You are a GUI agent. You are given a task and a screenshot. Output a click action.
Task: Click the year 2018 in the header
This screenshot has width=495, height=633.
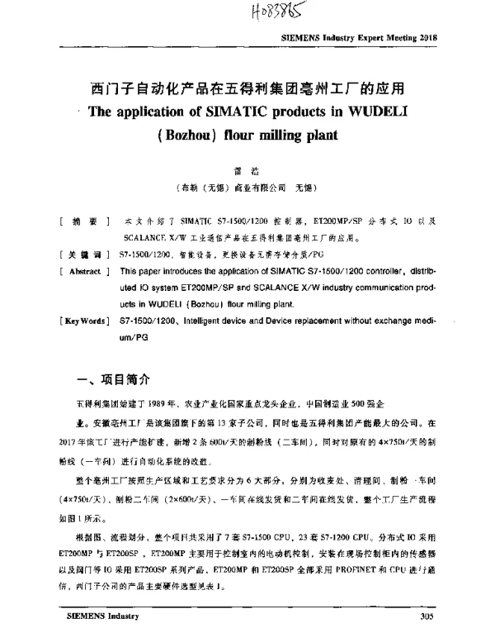(x=427, y=39)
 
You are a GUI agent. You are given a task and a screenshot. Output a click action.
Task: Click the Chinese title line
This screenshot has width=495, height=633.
(x=247, y=88)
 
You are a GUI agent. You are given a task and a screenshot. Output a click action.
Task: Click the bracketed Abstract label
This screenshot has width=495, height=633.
(x=85, y=271)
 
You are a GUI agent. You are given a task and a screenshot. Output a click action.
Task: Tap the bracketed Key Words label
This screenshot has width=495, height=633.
(x=85, y=318)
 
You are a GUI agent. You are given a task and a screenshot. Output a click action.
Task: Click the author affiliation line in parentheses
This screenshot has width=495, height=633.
(x=247, y=188)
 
